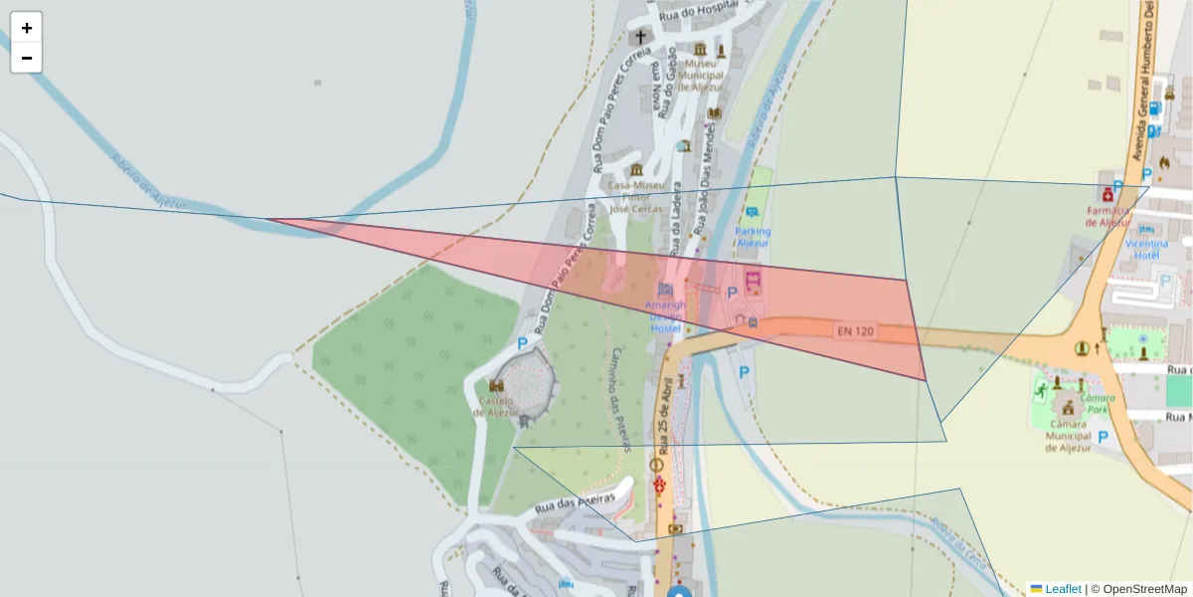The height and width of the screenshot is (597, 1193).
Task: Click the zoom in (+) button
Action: (x=27, y=28)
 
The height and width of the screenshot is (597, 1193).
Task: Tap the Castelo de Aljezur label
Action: (x=496, y=406)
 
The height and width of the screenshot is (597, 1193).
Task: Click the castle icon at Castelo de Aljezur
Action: (x=496, y=385)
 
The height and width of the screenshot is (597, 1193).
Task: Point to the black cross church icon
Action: (x=640, y=37)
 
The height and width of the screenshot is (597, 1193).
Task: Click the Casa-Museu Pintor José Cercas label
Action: (x=636, y=197)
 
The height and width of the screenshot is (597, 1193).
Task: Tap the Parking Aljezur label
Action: (x=753, y=237)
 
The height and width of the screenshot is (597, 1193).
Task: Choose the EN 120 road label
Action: (x=855, y=330)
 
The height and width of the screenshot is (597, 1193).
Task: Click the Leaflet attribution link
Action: (x=1063, y=589)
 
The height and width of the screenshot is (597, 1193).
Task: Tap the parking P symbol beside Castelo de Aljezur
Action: (x=522, y=343)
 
